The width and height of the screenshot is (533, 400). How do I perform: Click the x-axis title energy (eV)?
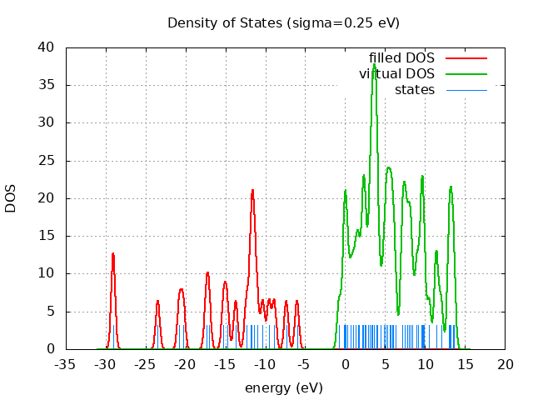tap(283, 387)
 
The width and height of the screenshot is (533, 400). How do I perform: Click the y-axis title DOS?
tap(11, 197)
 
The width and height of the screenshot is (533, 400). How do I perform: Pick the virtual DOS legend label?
tap(396, 74)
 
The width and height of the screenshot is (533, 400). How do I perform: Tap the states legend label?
tap(414, 89)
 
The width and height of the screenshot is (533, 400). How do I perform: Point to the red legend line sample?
tap(466, 58)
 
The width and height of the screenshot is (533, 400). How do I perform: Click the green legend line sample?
tap(466, 74)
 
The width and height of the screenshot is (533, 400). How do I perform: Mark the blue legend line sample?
tap(466, 89)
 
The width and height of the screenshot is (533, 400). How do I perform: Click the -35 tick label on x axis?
tap(66, 365)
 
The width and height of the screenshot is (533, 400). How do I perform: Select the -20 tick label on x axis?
tap(186, 365)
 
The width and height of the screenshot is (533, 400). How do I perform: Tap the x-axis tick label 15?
tap(466, 365)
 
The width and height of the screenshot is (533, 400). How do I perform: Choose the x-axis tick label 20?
tap(506, 365)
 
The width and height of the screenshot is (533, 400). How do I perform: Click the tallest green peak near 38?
tap(374, 63)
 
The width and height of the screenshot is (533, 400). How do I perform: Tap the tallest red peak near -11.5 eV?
tap(252, 190)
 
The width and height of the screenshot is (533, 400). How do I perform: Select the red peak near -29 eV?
tap(112, 253)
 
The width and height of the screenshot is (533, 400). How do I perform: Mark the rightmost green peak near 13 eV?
tap(451, 187)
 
